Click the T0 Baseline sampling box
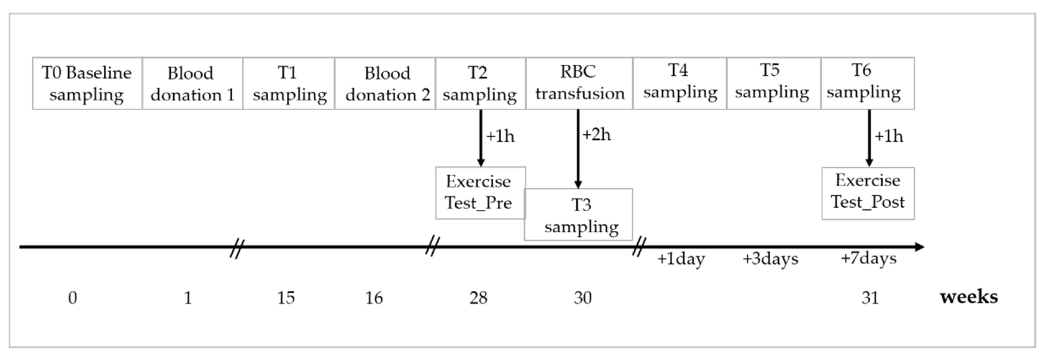[87, 83]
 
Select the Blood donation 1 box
[192, 83]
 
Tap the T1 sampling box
[289, 83]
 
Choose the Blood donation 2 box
[385, 83]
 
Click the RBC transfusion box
[579, 83]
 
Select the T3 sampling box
[578, 214]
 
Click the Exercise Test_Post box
[868, 193]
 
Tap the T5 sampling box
[773, 83]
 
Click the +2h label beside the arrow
[596, 134]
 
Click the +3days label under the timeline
[770, 259]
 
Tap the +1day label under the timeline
[681, 259]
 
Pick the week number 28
[478, 298]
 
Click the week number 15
[286, 298]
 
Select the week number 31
[870, 298]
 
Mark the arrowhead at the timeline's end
[919, 247]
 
